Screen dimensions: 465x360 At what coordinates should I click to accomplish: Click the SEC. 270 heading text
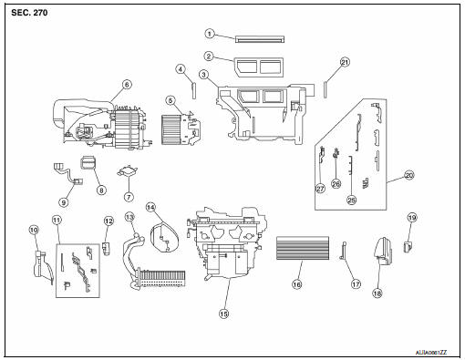tap(29, 13)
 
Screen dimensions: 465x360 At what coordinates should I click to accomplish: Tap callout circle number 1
tap(209, 34)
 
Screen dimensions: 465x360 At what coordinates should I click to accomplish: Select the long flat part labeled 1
tap(260, 39)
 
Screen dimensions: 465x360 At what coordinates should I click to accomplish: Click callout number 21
tap(345, 62)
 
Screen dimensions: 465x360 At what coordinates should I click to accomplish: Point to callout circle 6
tap(127, 84)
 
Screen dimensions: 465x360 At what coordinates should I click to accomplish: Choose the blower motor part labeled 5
tap(181, 128)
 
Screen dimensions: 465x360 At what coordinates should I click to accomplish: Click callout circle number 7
tap(129, 197)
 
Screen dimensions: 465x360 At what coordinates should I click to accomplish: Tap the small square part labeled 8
tap(88, 162)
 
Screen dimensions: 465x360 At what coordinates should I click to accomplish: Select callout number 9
tap(64, 202)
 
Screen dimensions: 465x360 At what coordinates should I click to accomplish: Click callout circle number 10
tap(34, 230)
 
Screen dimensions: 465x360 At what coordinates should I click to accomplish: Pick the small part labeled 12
tap(107, 248)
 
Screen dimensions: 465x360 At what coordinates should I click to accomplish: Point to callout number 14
tap(150, 207)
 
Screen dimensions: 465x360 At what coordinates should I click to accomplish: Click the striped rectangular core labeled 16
tap(303, 248)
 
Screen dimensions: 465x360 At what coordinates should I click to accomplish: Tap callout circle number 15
tap(223, 314)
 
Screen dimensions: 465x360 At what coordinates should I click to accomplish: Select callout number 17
tap(356, 284)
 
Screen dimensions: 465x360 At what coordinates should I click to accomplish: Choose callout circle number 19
tap(412, 218)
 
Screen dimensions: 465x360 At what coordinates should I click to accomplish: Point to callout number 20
tap(409, 175)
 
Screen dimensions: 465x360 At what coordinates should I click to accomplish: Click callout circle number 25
tap(351, 200)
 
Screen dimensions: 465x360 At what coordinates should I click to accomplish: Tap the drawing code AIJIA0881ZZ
tap(431, 353)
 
